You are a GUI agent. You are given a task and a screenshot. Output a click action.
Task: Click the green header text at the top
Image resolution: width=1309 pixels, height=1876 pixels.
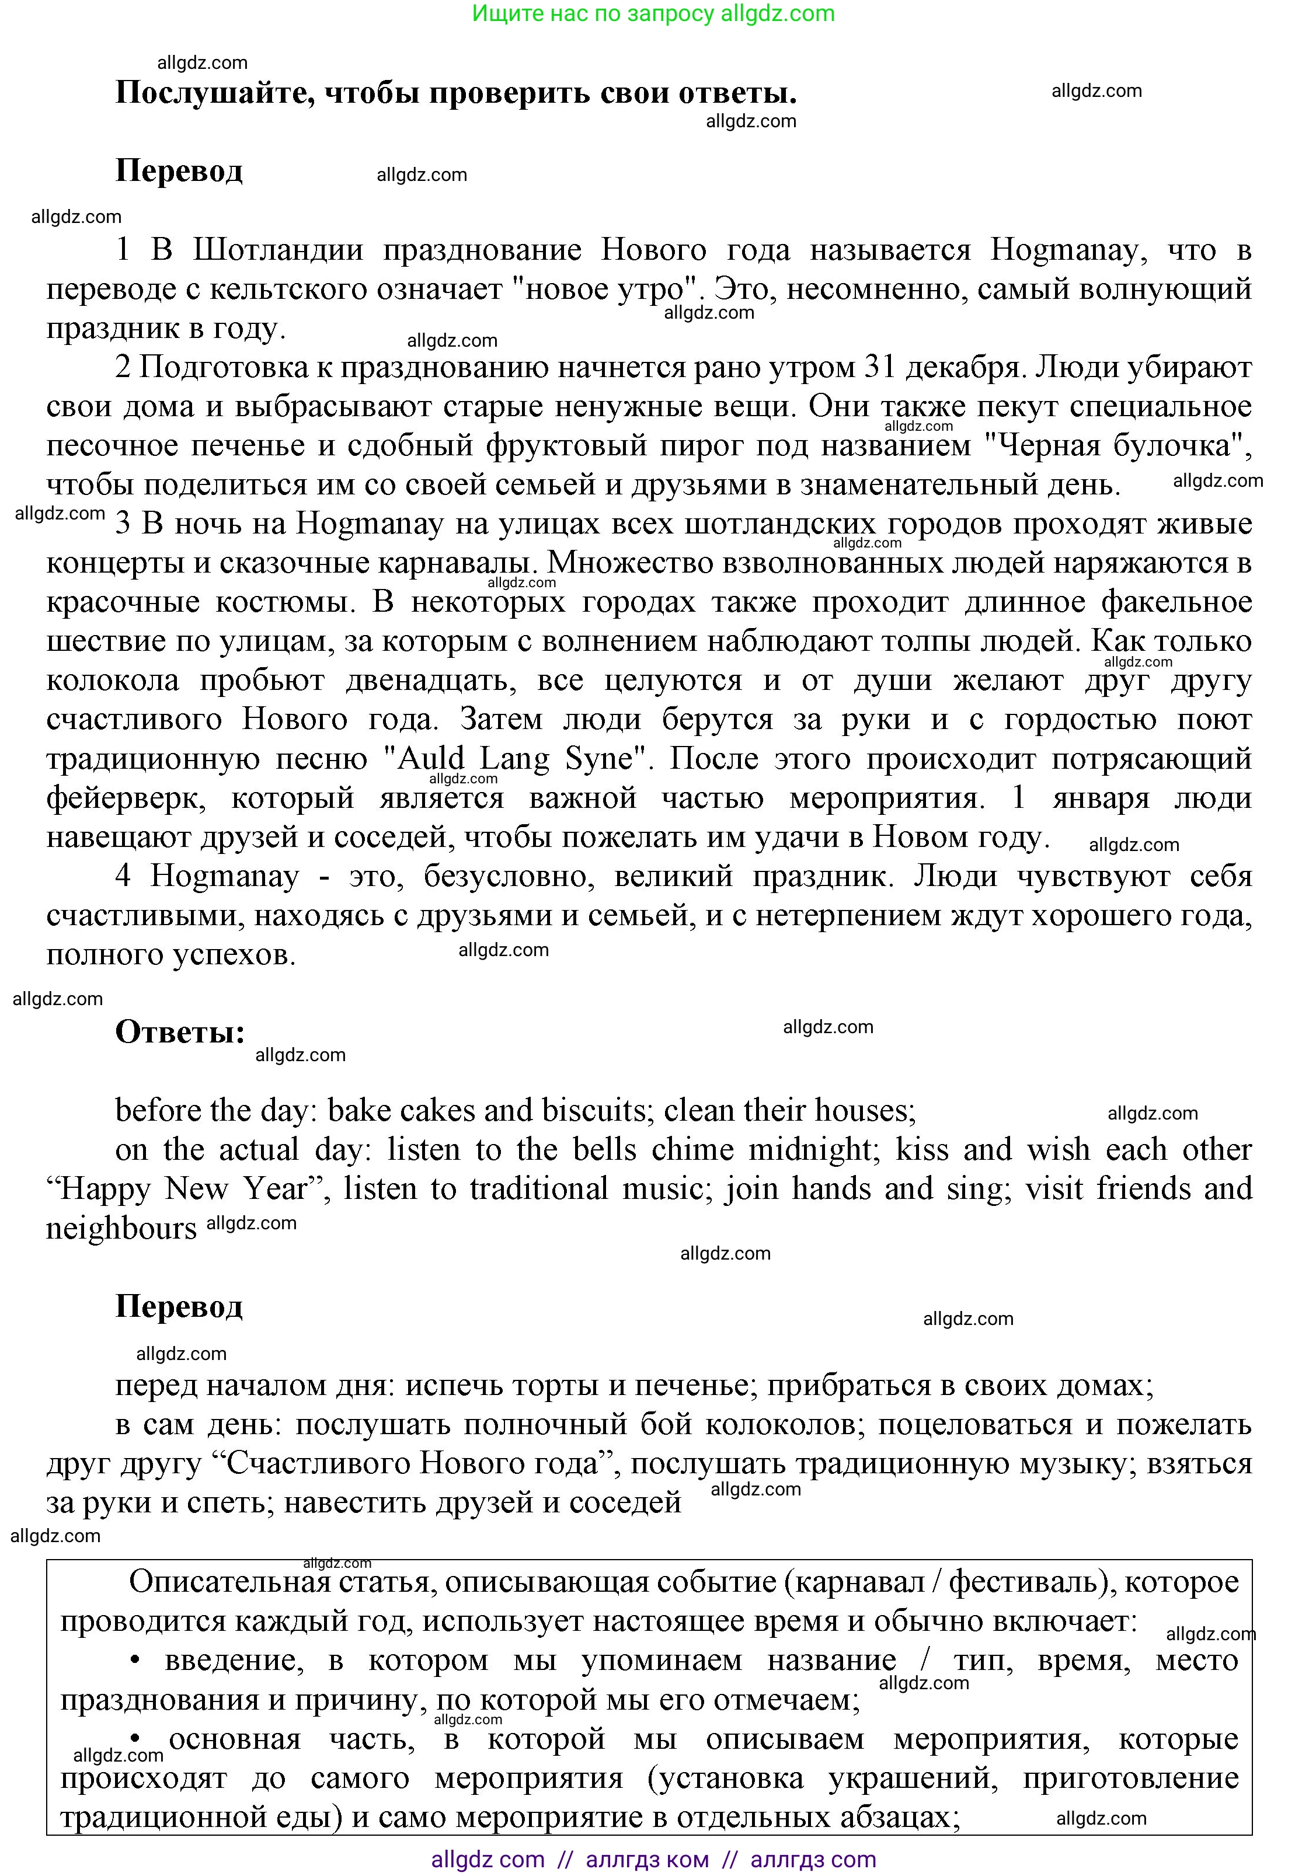pos(654,14)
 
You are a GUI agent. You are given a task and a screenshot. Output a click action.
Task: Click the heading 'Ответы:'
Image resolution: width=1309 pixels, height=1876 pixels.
pos(180,1032)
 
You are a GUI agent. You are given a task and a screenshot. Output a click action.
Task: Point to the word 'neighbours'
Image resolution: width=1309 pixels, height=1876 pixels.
pos(121,1228)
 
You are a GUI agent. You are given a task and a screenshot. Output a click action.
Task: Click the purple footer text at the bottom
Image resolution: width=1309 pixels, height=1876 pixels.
pos(654,1860)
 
